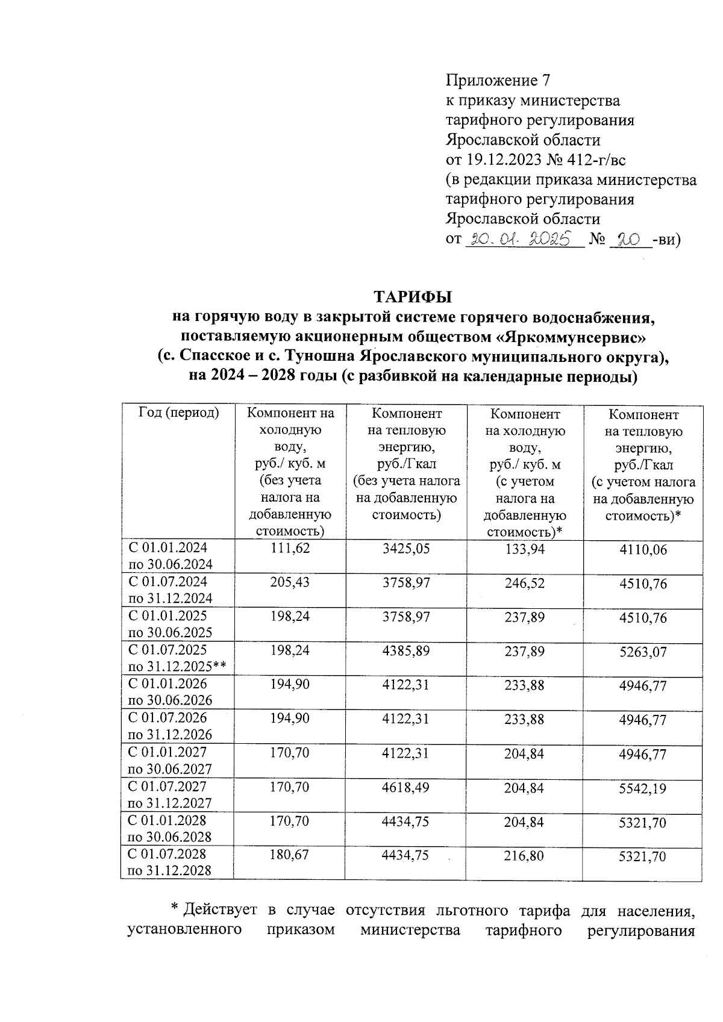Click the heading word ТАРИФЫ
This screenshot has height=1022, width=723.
[413, 298]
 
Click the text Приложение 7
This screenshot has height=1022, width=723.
[498, 81]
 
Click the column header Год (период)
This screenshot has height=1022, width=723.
[178, 414]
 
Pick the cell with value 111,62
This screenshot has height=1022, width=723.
[290, 549]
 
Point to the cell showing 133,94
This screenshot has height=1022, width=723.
[524, 549]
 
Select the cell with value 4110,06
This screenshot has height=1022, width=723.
[643, 549]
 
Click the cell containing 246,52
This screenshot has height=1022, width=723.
[524, 583]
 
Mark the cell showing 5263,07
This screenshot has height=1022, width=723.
[643, 652]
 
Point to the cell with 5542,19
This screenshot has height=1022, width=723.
[643, 788]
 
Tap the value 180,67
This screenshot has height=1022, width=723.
[290, 855]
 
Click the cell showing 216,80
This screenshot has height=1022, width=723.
[524, 856]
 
